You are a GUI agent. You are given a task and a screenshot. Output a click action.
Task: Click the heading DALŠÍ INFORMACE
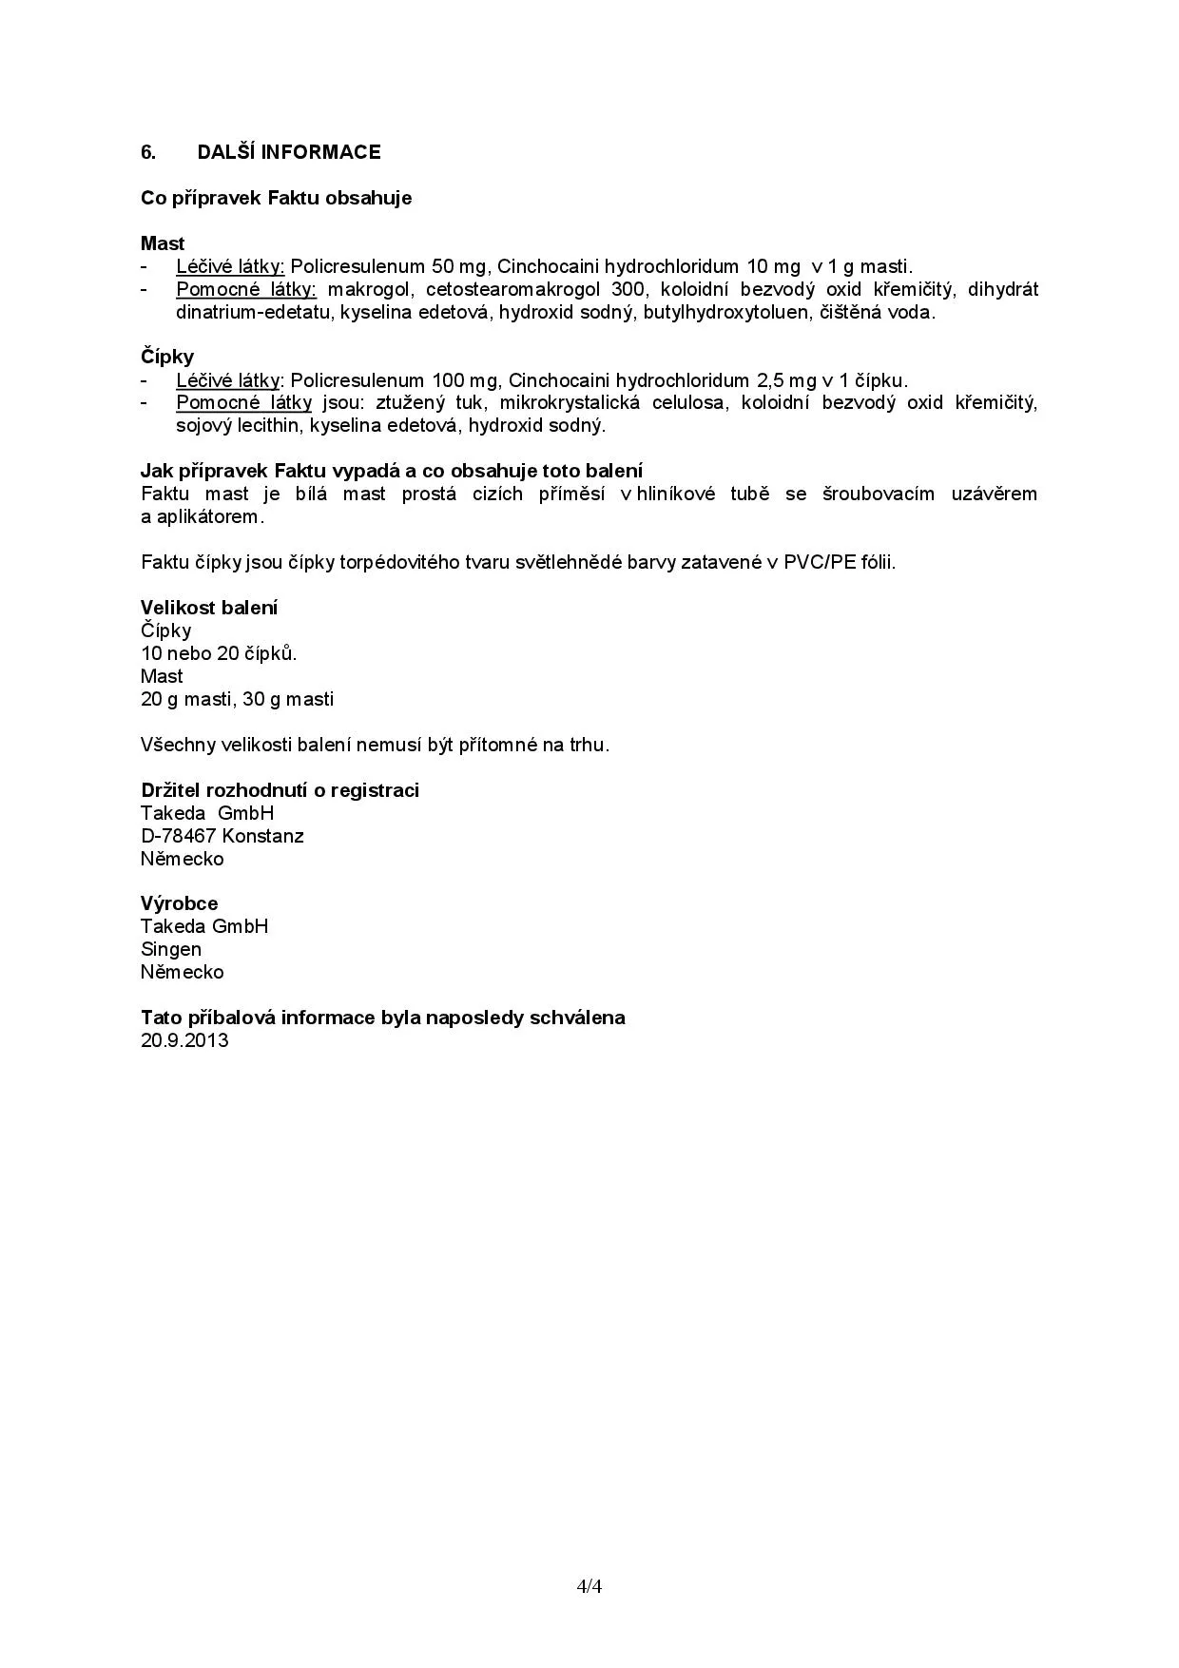pyautogui.click(x=289, y=152)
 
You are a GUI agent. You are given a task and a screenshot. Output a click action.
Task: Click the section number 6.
pyautogui.click(x=147, y=152)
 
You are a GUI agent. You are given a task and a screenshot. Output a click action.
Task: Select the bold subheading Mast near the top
pyautogui.click(x=163, y=243)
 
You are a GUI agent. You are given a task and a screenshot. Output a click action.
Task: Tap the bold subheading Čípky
pyautogui.click(x=167, y=357)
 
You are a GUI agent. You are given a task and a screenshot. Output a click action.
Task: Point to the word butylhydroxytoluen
pyautogui.click(x=725, y=312)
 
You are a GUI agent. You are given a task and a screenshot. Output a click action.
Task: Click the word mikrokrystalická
pyautogui.click(x=569, y=402)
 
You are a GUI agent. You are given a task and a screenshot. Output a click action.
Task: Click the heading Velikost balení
pyautogui.click(x=209, y=608)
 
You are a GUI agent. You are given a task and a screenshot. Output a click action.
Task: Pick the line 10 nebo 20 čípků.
pyautogui.click(x=219, y=653)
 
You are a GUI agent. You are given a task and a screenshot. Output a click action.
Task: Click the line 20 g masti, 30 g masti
pyautogui.click(x=237, y=699)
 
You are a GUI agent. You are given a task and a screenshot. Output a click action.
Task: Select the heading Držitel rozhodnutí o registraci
pyautogui.click(x=280, y=790)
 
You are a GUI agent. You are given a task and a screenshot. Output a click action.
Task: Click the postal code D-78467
pyautogui.click(x=179, y=836)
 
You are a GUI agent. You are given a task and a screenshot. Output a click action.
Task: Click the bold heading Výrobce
pyautogui.click(x=179, y=903)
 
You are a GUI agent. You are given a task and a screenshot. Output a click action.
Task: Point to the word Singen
pyautogui.click(x=171, y=949)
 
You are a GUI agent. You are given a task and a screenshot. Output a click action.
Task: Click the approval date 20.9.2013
pyautogui.click(x=184, y=1040)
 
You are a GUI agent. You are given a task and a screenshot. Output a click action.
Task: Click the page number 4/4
pyautogui.click(x=589, y=1586)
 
